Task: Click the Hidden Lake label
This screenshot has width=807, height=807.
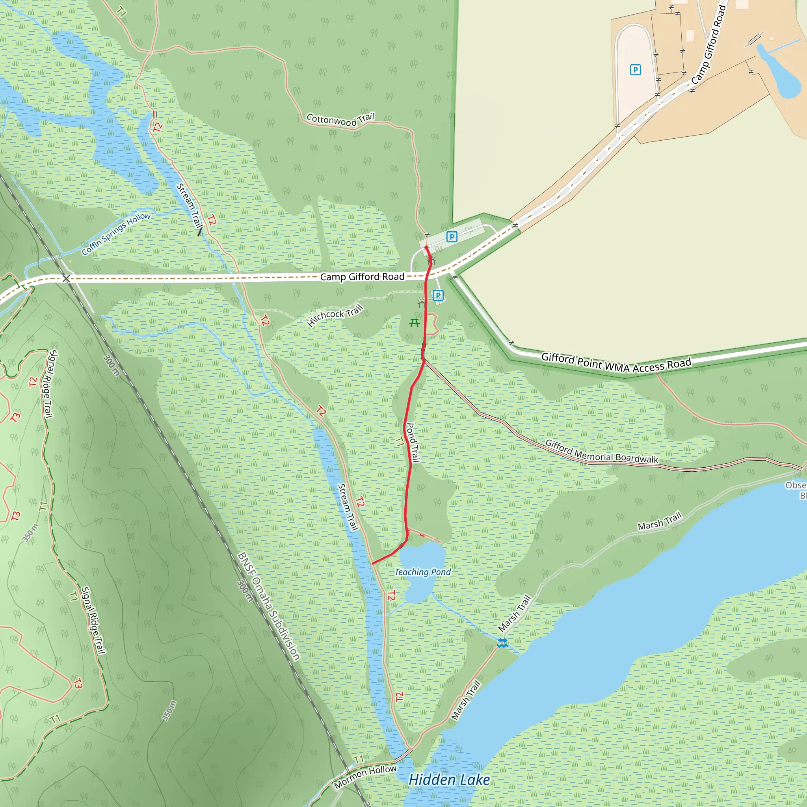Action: pyautogui.click(x=449, y=779)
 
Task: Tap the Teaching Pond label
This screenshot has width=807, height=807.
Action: pyautogui.click(x=423, y=572)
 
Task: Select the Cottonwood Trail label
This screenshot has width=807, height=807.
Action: pyautogui.click(x=340, y=119)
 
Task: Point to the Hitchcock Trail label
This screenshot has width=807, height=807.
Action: pyautogui.click(x=335, y=315)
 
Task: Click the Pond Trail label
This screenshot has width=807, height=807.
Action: pyautogui.click(x=413, y=443)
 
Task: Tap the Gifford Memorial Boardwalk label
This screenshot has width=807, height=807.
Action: pyautogui.click(x=601, y=452)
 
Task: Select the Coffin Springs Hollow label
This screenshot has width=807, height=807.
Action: pyautogui.click(x=116, y=234)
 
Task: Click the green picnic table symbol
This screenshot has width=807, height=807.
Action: pyautogui.click(x=414, y=322)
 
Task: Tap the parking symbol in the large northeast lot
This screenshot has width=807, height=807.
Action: pyautogui.click(x=635, y=70)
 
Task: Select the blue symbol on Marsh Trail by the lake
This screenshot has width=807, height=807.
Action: pyautogui.click(x=502, y=643)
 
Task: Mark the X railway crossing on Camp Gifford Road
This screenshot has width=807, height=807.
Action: pyautogui.click(x=66, y=278)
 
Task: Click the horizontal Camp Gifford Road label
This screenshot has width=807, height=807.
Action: pyautogui.click(x=362, y=277)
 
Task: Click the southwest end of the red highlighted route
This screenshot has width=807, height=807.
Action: pyautogui.click(x=373, y=563)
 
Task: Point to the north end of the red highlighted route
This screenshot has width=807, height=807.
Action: pyautogui.click(x=426, y=248)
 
